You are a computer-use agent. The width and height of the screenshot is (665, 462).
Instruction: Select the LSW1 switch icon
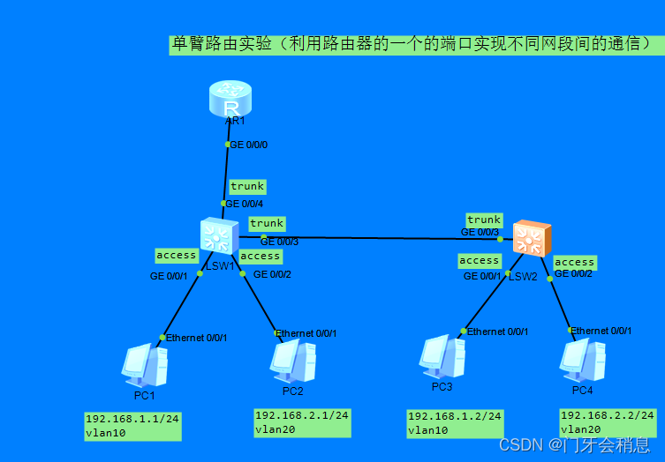point(215,236)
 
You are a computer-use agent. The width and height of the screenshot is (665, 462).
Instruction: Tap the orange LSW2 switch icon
point(531,239)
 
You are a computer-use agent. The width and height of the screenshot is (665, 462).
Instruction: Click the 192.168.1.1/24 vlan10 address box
point(132,426)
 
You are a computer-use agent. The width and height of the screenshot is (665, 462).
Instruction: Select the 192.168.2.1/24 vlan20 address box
point(302,422)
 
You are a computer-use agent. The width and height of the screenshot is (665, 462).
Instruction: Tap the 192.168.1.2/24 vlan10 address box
point(455,423)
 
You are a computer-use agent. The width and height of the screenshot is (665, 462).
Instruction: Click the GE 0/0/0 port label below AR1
point(248,144)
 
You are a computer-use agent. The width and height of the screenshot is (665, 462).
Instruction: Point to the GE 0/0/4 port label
point(245,204)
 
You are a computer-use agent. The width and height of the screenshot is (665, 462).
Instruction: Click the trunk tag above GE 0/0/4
point(247,186)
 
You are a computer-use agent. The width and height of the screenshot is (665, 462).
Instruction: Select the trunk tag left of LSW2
point(484,220)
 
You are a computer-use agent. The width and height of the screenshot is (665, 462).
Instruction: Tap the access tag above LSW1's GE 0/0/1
point(176,255)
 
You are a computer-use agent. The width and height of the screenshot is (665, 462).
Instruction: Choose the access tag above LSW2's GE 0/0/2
point(574,262)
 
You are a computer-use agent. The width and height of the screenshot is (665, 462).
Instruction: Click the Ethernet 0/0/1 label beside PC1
point(197,338)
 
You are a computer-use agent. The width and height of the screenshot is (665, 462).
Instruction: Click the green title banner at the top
point(415,44)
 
